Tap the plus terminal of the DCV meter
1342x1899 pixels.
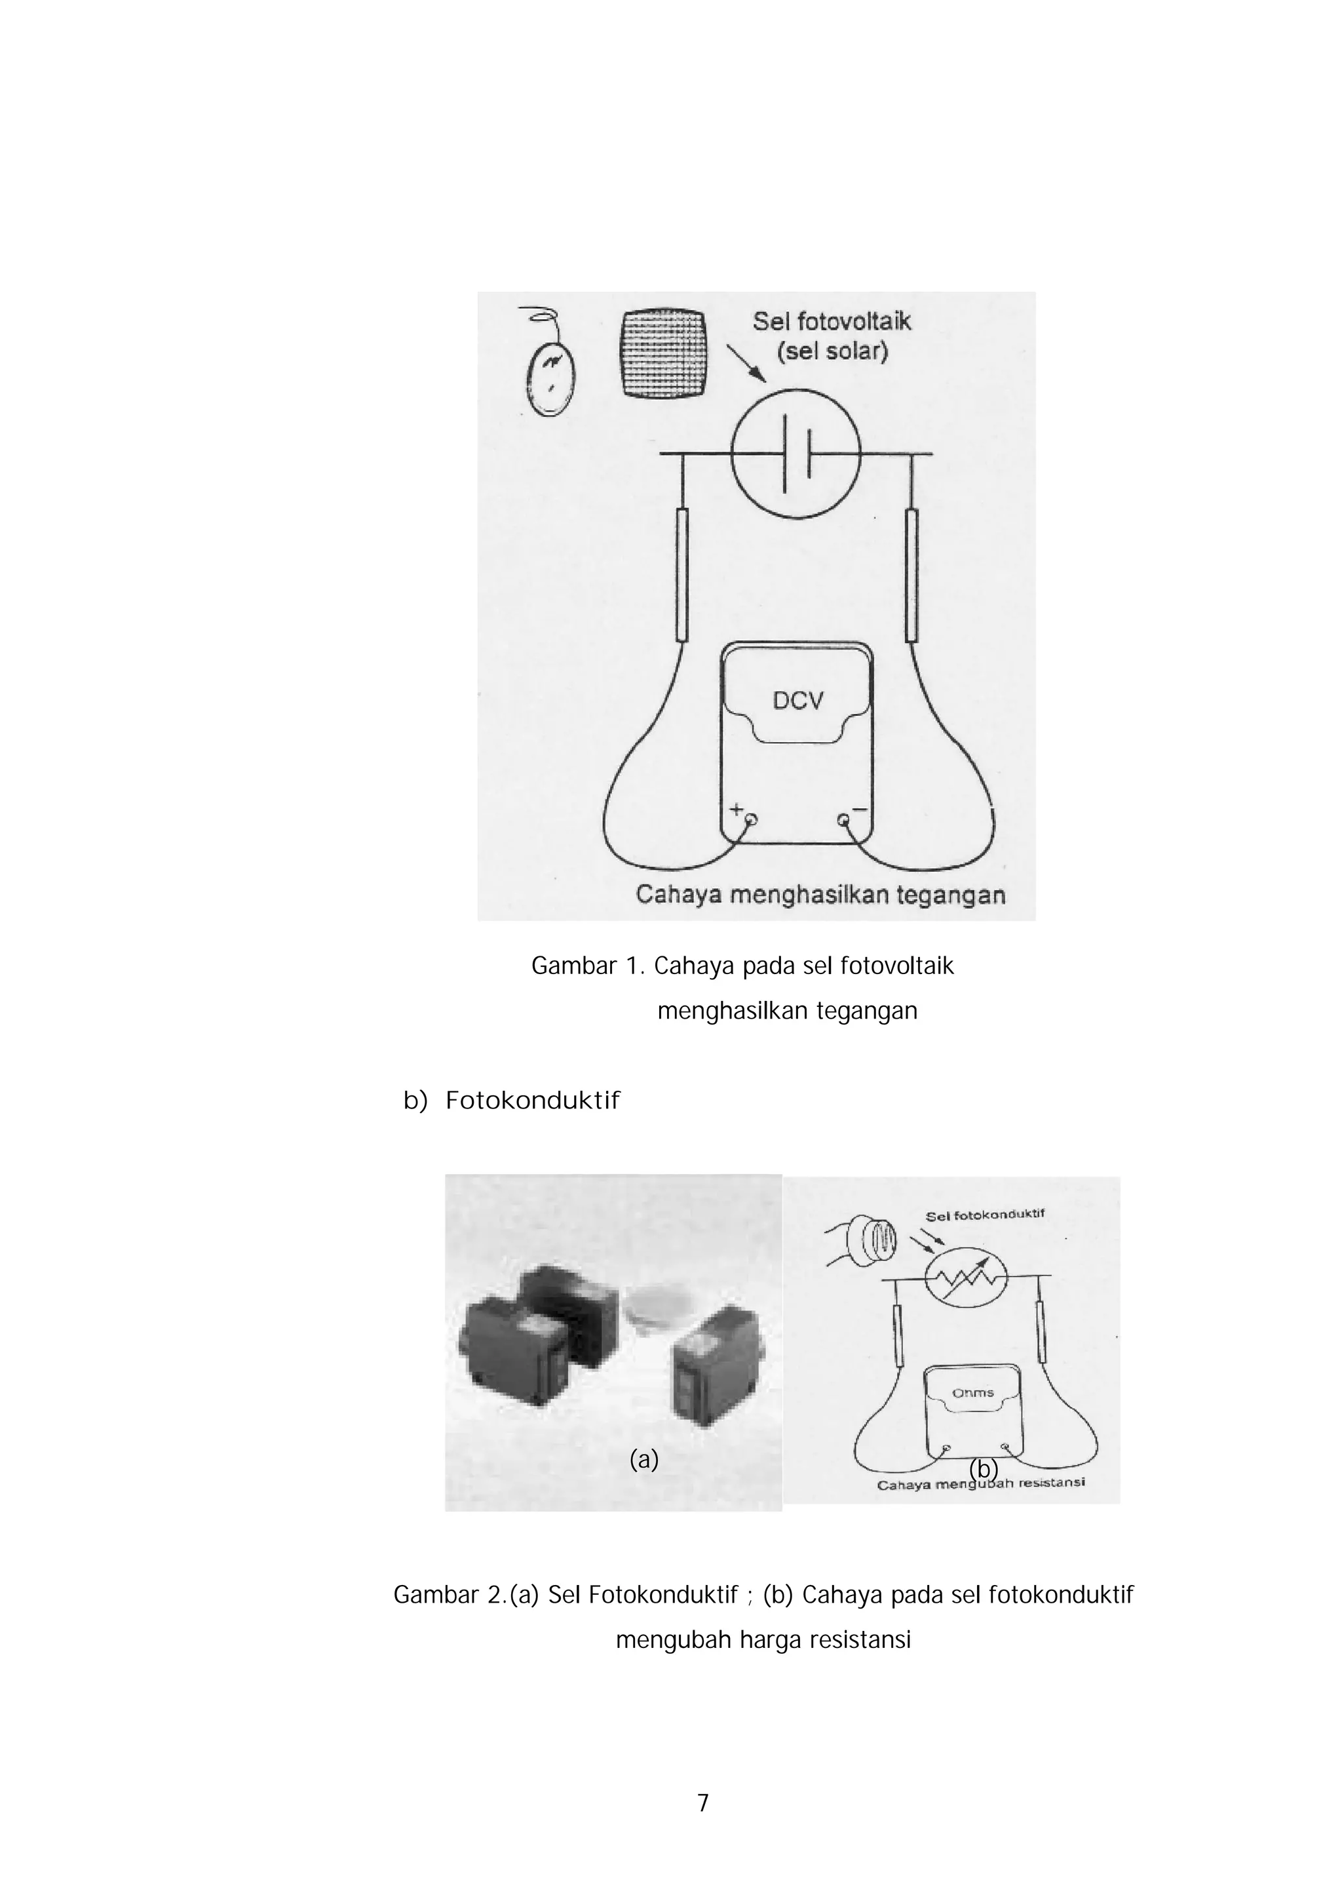pyautogui.click(x=751, y=821)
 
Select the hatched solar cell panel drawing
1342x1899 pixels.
pyautogui.click(x=663, y=355)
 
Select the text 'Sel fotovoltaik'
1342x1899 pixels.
pyautogui.click(x=831, y=322)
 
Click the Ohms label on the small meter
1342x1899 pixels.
pyautogui.click(x=972, y=1393)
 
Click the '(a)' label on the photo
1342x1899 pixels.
pyautogui.click(x=643, y=1460)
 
